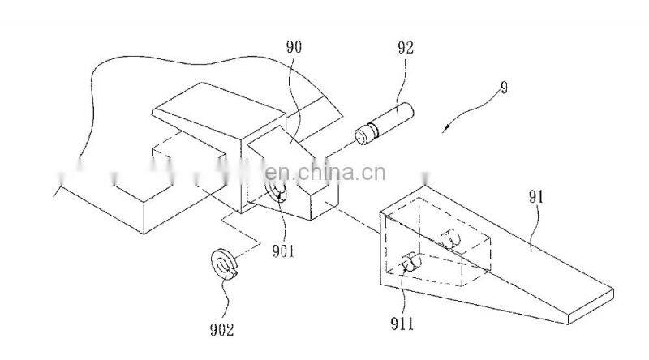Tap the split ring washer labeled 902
click(223, 264)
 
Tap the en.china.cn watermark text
click(325, 173)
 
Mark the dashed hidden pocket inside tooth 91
click(438, 243)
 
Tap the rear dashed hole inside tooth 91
click(451, 238)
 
